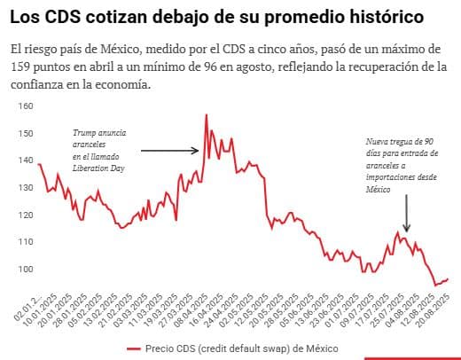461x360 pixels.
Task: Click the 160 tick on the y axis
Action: (x=25, y=106)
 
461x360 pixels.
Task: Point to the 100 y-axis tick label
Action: (x=25, y=270)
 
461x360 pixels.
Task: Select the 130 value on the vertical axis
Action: (x=25, y=188)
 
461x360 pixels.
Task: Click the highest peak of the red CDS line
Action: (x=207, y=115)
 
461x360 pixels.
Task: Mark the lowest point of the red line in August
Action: (x=435, y=284)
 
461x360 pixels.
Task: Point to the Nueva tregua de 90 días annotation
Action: (x=401, y=142)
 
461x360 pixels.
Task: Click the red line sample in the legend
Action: (x=135, y=348)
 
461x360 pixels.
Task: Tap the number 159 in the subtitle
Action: (x=25, y=67)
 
